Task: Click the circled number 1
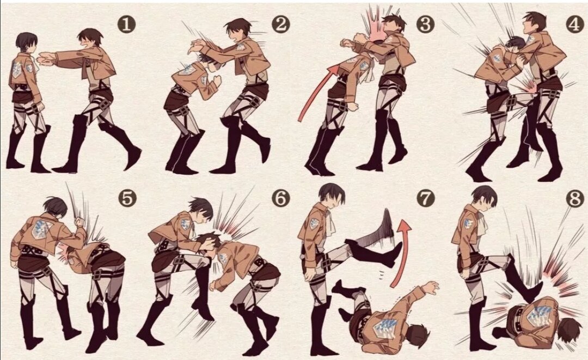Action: (126, 25)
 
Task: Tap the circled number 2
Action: (281, 25)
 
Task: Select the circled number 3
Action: (425, 25)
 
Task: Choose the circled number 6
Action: (281, 198)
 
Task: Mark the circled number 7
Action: (425, 198)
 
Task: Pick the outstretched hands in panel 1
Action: (46, 59)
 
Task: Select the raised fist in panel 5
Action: (79, 222)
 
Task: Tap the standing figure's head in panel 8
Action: (485, 199)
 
